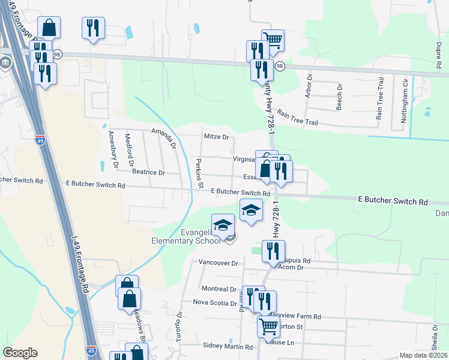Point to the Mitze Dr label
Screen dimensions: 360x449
click(x=217, y=137)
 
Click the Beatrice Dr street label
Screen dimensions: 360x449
click(x=148, y=172)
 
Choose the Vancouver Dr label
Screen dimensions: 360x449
click(x=218, y=263)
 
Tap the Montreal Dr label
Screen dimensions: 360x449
click(x=220, y=289)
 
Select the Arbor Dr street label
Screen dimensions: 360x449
click(x=310, y=86)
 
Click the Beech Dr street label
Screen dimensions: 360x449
click(x=339, y=95)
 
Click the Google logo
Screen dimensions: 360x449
click(x=20, y=353)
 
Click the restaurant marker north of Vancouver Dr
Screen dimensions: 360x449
click(x=273, y=251)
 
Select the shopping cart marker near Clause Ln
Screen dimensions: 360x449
click(x=268, y=327)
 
